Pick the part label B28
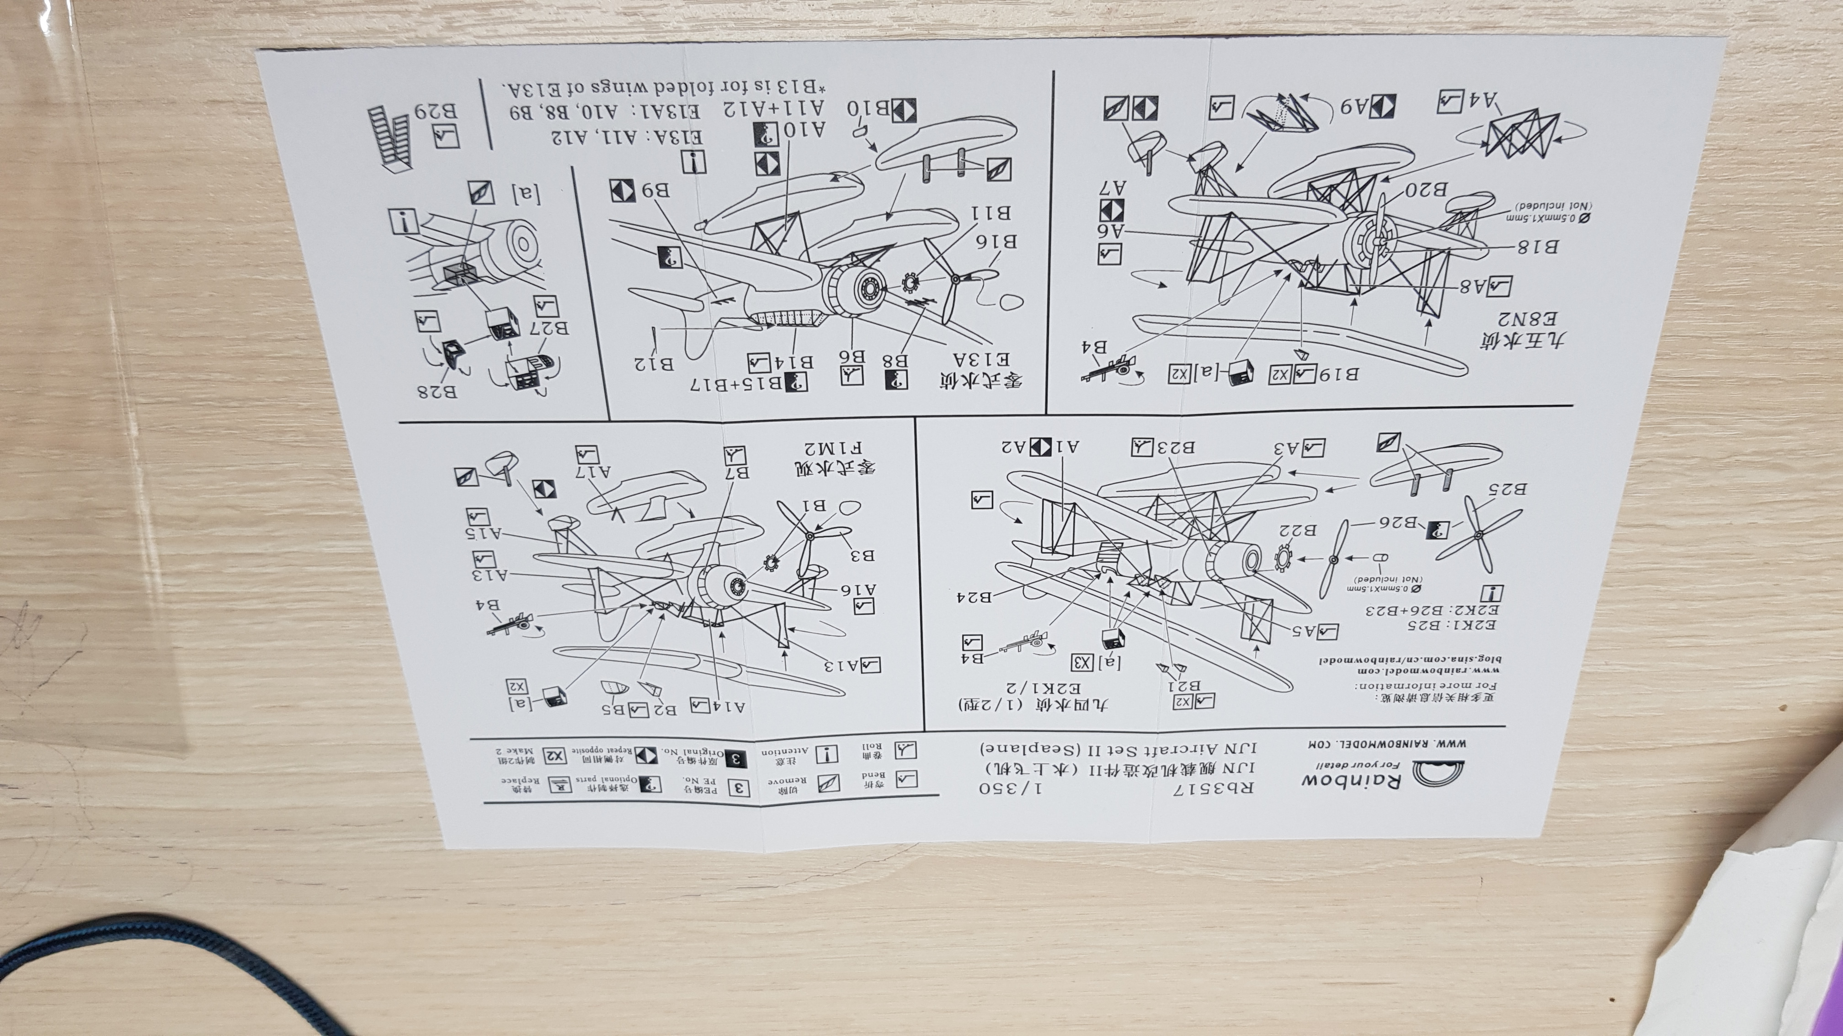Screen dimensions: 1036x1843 pos(438,392)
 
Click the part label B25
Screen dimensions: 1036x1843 pos(1506,489)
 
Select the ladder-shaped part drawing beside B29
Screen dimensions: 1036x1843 pos(389,137)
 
